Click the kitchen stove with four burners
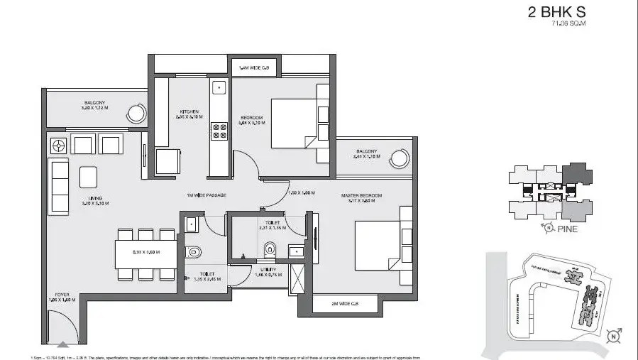click(219, 130)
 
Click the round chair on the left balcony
click(136, 112)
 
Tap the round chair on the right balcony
click(402, 157)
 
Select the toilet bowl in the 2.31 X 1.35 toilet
click(270, 249)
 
